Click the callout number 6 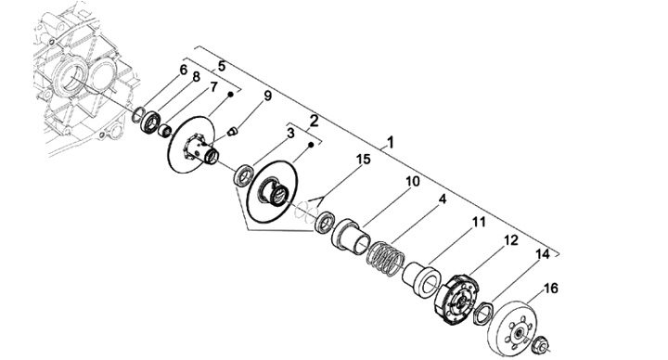click(183, 70)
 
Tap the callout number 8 click(196, 77)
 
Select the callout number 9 click(267, 96)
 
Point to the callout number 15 click(364, 160)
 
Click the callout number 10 click(412, 182)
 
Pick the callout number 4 click(443, 199)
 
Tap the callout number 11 click(479, 222)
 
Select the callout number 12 click(511, 240)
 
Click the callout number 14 click(543, 254)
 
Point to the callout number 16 click(550, 289)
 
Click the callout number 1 click(391, 142)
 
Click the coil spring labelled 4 click(386, 258)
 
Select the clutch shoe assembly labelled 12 click(456, 299)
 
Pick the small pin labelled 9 click(231, 131)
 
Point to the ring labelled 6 click(137, 115)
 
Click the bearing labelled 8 click(151, 122)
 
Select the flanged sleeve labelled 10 click(352, 237)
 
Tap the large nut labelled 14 click(483, 313)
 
